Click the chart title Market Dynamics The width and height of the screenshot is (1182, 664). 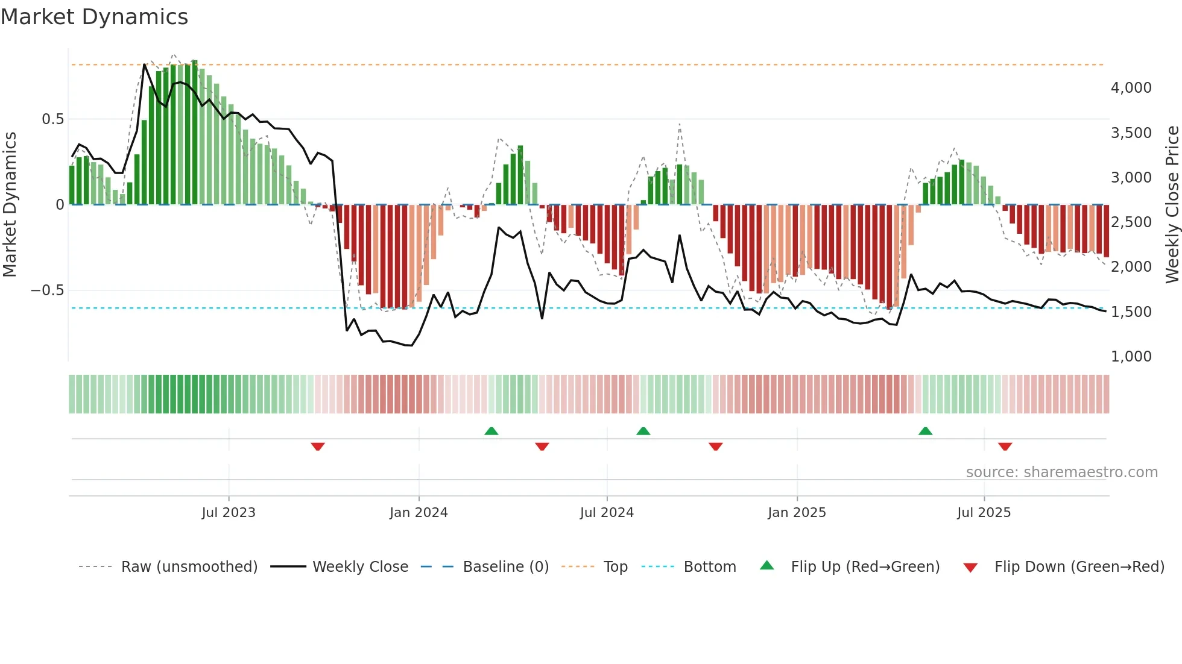click(94, 17)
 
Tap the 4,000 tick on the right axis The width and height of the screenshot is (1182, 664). click(1131, 88)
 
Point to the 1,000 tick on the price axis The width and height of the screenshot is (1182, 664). click(1131, 357)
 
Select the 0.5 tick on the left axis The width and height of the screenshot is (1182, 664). click(52, 119)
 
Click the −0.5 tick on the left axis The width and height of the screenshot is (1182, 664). click(47, 290)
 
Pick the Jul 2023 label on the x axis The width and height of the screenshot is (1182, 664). click(229, 513)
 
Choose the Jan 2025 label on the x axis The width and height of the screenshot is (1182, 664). click(797, 513)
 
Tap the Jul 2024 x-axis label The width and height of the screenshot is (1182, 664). click(607, 513)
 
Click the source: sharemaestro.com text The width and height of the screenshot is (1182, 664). click(1061, 472)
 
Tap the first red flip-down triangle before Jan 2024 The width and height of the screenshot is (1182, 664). click(318, 446)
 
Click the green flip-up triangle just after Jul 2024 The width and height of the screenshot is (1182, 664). click(643, 431)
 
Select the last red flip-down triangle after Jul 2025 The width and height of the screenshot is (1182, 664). click(1005, 446)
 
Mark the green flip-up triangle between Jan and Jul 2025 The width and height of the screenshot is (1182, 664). click(925, 431)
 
